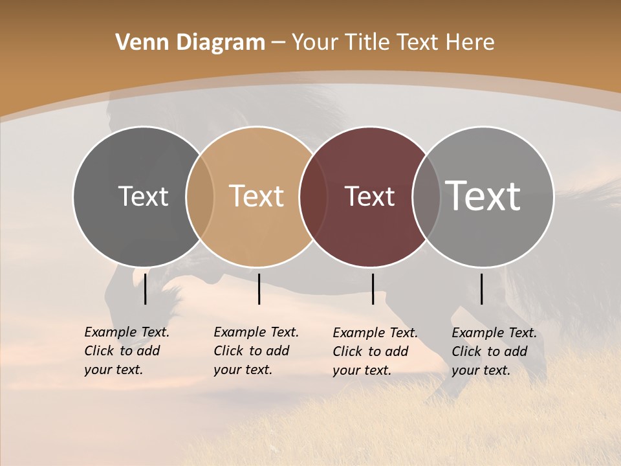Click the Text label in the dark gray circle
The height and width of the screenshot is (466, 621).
point(143,196)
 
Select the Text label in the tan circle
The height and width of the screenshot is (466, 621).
point(257,196)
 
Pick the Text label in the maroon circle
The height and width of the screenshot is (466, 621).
point(369,196)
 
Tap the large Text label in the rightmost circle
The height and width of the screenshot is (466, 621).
point(483,196)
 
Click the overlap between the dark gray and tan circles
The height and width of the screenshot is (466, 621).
point(200,197)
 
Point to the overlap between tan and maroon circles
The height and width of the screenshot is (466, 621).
point(313,197)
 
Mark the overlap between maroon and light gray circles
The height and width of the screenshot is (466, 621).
point(426,197)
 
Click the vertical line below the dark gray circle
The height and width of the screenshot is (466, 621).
point(145,289)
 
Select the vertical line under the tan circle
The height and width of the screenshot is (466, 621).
point(259,289)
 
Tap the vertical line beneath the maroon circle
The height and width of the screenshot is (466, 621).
point(373,289)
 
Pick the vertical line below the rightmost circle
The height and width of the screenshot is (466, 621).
point(481,289)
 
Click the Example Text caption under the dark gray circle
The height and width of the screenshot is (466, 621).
point(126,351)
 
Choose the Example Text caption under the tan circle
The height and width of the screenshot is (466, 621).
point(256,351)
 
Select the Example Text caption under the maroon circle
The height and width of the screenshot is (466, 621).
point(375,351)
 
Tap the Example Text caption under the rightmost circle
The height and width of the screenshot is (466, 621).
point(494,351)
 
